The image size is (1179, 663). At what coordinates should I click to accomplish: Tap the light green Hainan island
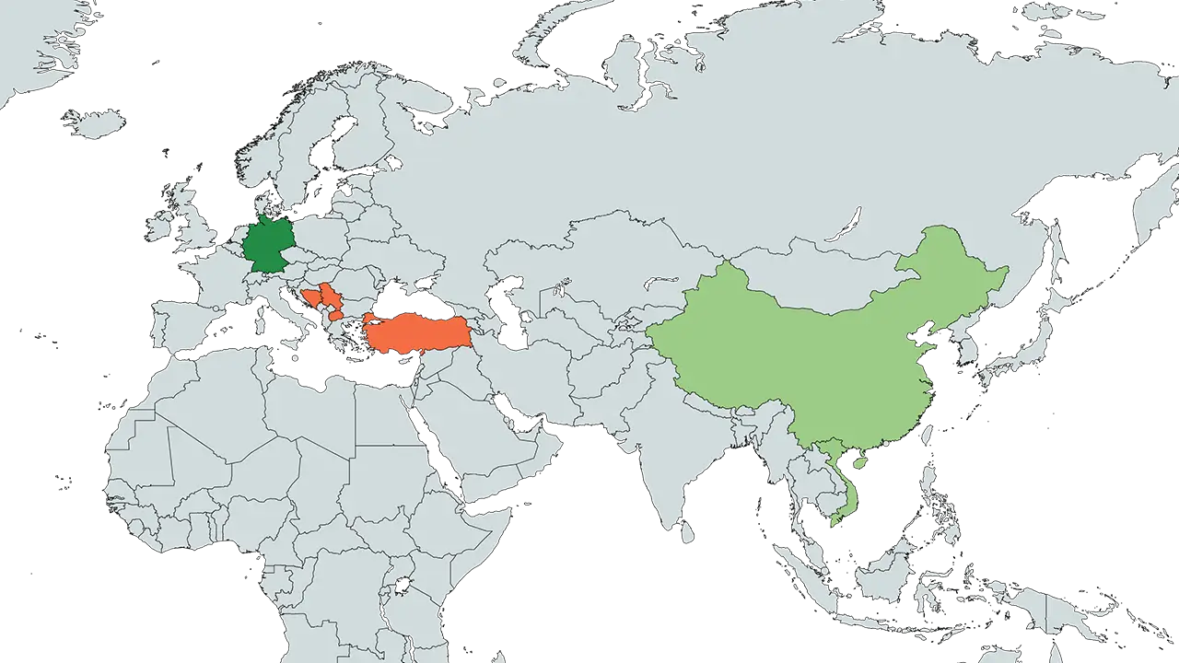point(859,462)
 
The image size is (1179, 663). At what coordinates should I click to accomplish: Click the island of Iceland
point(92,122)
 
